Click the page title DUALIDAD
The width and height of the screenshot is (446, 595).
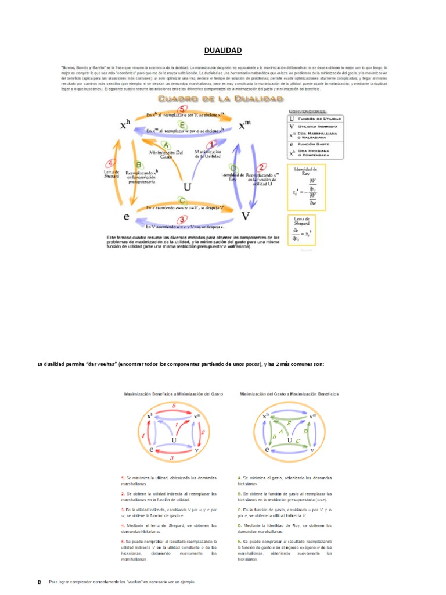223,51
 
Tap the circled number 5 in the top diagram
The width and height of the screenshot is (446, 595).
182,109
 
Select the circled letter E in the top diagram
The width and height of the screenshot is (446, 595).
182,124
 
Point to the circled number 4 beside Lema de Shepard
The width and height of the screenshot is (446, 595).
111,163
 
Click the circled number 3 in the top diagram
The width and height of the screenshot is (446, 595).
182,220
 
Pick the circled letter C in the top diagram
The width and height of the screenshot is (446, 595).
182,201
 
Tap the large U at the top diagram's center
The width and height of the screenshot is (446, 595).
187,187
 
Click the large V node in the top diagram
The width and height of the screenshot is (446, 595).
245,216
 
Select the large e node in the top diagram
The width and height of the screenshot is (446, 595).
126,217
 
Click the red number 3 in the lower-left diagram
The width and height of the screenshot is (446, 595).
172,458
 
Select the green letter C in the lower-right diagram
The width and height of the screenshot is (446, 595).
297,441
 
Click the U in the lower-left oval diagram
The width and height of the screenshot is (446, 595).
174,440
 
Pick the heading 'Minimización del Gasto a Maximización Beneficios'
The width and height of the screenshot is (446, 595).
289,394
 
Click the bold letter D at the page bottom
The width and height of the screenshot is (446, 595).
39,582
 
